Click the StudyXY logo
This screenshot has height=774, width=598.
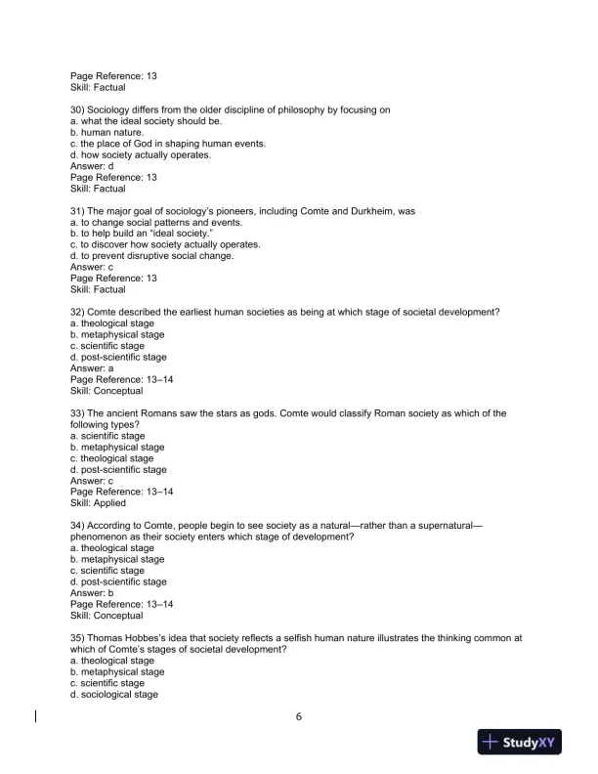[519, 743]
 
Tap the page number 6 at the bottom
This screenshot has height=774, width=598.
[299, 716]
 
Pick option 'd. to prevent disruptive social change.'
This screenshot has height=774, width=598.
[151, 256]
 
